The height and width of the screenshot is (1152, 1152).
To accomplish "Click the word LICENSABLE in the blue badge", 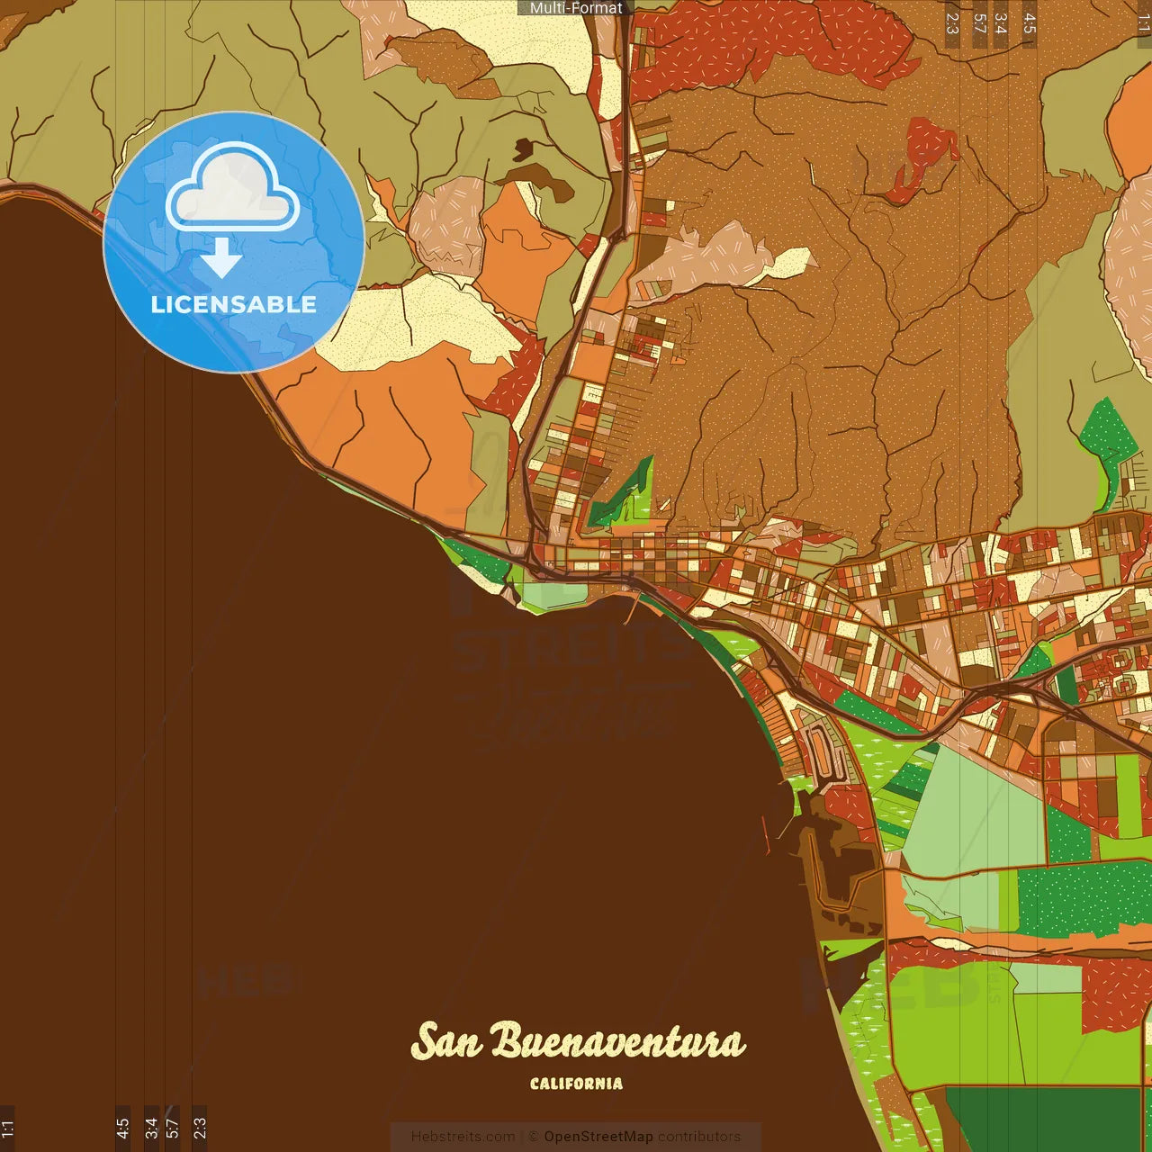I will click(233, 304).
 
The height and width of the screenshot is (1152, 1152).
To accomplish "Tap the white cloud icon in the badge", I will click(233, 191).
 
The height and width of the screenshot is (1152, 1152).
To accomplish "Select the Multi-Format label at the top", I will click(576, 8).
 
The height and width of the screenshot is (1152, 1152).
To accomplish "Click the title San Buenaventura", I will click(578, 1041).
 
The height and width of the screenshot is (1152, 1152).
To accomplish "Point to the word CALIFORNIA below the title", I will click(576, 1084).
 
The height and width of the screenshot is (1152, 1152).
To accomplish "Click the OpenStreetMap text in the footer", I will click(598, 1137).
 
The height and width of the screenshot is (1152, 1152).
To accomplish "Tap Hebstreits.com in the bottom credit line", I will click(463, 1137).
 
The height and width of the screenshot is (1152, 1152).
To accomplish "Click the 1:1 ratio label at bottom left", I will click(7, 1128).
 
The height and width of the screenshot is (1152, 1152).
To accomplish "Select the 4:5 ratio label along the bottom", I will click(122, 1128).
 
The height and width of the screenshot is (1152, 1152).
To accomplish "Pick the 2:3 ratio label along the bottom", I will click(200, 1126).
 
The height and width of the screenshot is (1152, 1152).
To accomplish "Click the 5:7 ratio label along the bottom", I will click(172, 1128).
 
